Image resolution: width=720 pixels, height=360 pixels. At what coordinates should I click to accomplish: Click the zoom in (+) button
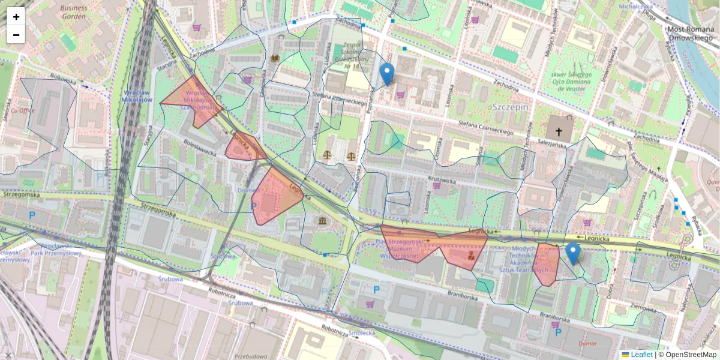click(16, 17)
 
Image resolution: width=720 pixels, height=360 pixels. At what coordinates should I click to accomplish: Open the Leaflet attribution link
click(641, 355)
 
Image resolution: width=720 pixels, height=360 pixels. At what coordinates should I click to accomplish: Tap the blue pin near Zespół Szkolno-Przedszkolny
click(387, 74)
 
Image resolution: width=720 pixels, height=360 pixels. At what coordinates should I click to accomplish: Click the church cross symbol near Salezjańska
click(559, 131)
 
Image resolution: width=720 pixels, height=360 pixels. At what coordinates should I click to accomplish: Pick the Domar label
click(587, 344)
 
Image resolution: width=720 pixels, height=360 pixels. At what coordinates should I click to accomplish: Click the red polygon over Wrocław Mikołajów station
click(191, 99)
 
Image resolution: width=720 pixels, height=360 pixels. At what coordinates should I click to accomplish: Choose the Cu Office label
click(22, 110)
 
